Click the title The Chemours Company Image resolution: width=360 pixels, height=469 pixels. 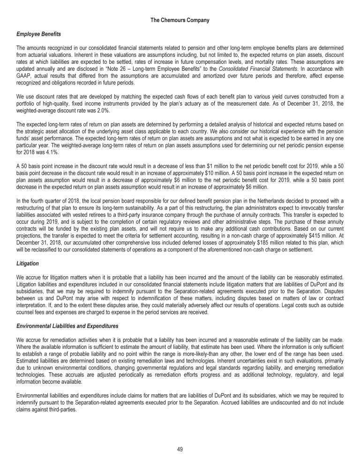pos(180,20)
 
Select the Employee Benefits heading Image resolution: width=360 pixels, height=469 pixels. pos(35,35)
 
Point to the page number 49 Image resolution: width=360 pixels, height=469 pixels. pos(180,449)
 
